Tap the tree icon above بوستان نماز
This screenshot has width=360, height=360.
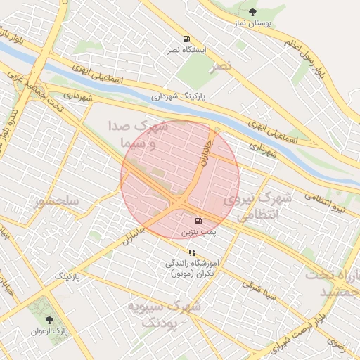(x=252, y=11)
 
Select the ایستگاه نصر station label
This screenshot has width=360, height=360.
(x=186, y=51)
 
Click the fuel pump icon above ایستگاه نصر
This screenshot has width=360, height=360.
(x=186, y=39)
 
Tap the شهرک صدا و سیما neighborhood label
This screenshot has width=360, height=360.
(x=139, y=135)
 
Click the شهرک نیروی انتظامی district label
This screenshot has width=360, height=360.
(x=257, y=207)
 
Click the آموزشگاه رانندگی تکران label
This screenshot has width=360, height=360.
(x=191, y=268)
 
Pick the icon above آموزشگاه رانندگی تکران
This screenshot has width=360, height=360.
(x=191, y=252)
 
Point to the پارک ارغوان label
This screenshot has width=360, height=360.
(x=49, y=330)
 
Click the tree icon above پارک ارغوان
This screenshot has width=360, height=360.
(x=49, y=319)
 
